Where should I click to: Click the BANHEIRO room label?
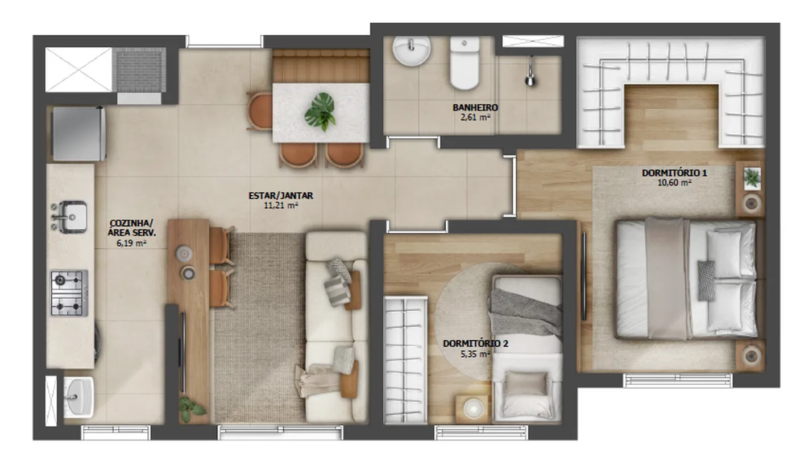coord(475,107)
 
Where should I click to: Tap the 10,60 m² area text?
coord(674,183)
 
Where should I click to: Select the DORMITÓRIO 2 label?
coord(475,343)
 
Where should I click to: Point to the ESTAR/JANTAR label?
coord(281,195)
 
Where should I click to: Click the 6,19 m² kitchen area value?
coord(131,244)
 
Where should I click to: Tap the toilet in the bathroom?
coord(465,63)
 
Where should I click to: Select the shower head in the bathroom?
coord(530,71)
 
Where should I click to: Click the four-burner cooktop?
coord(69,293)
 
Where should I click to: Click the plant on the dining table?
coord(321,112)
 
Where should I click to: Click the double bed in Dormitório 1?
coord(687,279)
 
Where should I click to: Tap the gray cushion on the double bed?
coord(706,281)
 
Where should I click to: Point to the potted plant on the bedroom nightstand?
coord(752,178)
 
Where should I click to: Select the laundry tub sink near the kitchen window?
coord(78,397)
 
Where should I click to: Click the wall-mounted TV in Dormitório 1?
coord(583,277)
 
